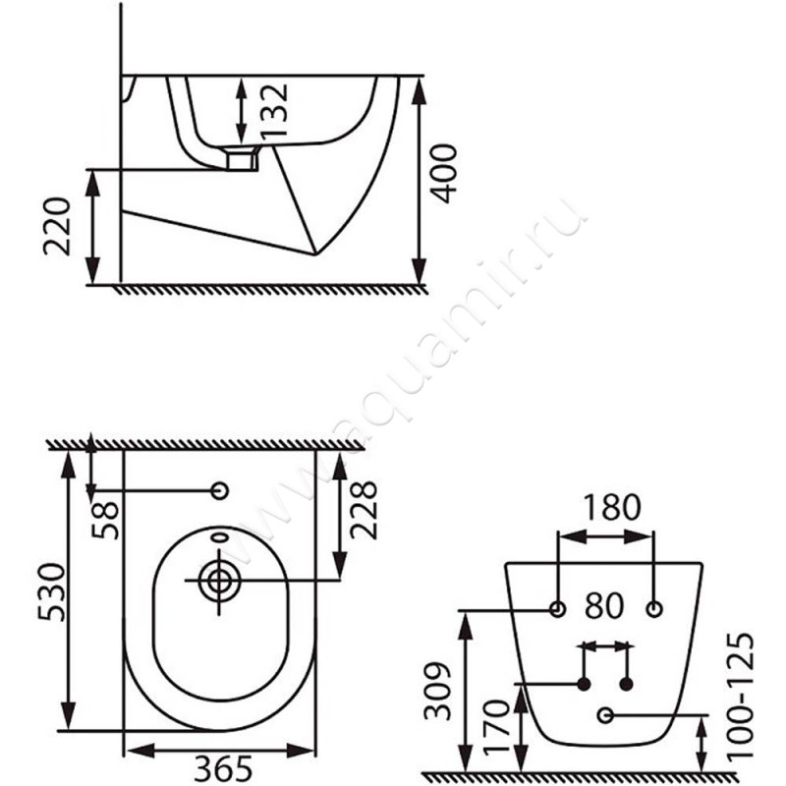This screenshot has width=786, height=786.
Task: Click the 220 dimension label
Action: click(57, 227)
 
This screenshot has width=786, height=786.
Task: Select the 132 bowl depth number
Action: click(275, 111)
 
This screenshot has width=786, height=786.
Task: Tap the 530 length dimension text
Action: click(52, 592)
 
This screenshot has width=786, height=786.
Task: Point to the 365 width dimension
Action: click(223, 768)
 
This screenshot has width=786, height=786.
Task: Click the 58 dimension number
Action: click(106, 521)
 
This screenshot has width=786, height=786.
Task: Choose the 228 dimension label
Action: click(363, 510)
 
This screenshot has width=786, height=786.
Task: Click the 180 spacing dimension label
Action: click(612, 507)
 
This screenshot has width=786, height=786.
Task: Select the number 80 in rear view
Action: click(604, 605)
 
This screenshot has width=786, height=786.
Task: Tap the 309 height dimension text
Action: click(438, 691)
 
